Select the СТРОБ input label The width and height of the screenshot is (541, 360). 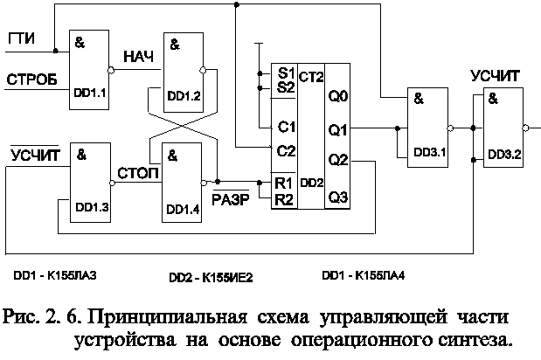click(32, 80)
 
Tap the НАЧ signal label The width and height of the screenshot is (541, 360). click(139, 57)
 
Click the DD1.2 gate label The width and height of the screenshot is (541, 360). click(184, 94)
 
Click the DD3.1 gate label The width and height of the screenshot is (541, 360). click(423, 154)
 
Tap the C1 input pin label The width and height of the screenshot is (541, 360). click(285, 126)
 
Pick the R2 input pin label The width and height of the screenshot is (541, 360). click(284, 199)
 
